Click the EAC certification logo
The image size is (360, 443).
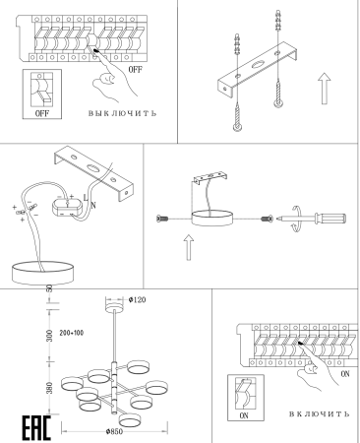pos(36,428)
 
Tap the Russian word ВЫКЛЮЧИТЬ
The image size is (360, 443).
pos(122,113)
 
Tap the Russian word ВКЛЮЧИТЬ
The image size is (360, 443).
pos(319,414)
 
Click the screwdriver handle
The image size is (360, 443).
pos(330,219)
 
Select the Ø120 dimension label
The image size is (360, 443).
pos(137,299)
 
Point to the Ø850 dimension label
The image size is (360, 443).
pos(114,431)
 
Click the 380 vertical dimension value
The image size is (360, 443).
pos(49,388)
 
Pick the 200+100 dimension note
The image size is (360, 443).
pos(72,333)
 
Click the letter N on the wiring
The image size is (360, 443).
pos(93,206)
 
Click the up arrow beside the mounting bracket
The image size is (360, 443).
pos(325,89)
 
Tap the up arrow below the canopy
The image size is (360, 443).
pos(188,247)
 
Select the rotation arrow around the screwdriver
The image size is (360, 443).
pos(296,219)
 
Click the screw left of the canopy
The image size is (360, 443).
pos(162,219)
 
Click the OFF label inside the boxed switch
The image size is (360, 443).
pos(42,113)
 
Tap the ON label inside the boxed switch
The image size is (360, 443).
pos(244,415)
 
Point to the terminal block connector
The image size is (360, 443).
pos(68,208)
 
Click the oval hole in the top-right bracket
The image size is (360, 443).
pos(258,64)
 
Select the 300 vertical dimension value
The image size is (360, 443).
pos(49,336)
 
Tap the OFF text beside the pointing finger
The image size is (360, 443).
pos(135,69)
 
